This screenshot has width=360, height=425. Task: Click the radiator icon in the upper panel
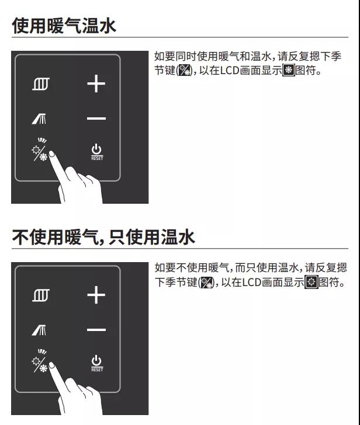(41, 83)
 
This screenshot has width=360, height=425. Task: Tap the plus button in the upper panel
(96, 83)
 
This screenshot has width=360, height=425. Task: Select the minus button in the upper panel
(96, 119)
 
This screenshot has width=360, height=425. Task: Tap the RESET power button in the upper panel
(97, 152)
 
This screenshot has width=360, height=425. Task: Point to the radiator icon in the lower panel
(41, 295)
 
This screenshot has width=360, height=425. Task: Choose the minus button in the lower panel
(96, 330)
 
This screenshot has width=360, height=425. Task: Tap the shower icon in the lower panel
(39, 330)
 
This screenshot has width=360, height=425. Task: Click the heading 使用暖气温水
(64, 26)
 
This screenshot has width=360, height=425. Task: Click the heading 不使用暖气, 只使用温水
(103, 237)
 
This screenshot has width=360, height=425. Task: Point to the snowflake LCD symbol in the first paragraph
(289, 71)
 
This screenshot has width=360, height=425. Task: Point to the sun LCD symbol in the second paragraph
(311, 282)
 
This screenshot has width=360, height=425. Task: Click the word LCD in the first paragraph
(229, 71)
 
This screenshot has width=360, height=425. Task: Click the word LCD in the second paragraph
(252, 283)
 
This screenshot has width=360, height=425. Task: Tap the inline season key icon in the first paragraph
(184, 71)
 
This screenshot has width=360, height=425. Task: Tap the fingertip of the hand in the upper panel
(51, 154)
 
